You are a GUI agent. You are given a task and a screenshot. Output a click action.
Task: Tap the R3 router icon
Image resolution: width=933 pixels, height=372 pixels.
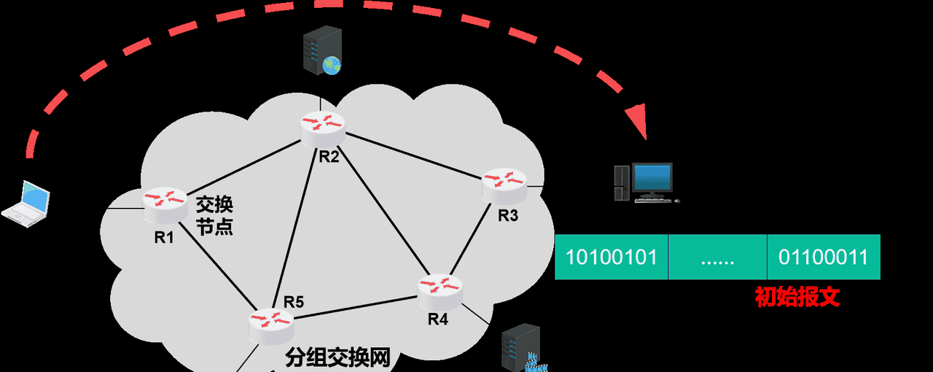(504, 185)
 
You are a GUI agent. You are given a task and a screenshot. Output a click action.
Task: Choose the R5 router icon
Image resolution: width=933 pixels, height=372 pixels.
(270, 325)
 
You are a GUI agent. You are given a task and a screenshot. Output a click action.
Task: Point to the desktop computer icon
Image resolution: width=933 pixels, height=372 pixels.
(644, 182)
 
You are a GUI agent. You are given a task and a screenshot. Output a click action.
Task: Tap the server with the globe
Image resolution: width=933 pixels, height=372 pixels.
(321, 52)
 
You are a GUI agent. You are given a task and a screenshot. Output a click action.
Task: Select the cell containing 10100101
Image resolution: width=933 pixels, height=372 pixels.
(612, 257)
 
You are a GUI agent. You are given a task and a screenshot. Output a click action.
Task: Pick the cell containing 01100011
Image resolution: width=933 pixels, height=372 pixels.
(823, 257)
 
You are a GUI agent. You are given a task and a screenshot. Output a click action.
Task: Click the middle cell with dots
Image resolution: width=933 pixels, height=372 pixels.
(717, 257)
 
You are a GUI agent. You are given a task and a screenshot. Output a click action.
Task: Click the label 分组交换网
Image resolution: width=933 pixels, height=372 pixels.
(338, 357)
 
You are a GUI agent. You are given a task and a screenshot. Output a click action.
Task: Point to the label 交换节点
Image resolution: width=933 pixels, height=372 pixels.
(214, 214)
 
